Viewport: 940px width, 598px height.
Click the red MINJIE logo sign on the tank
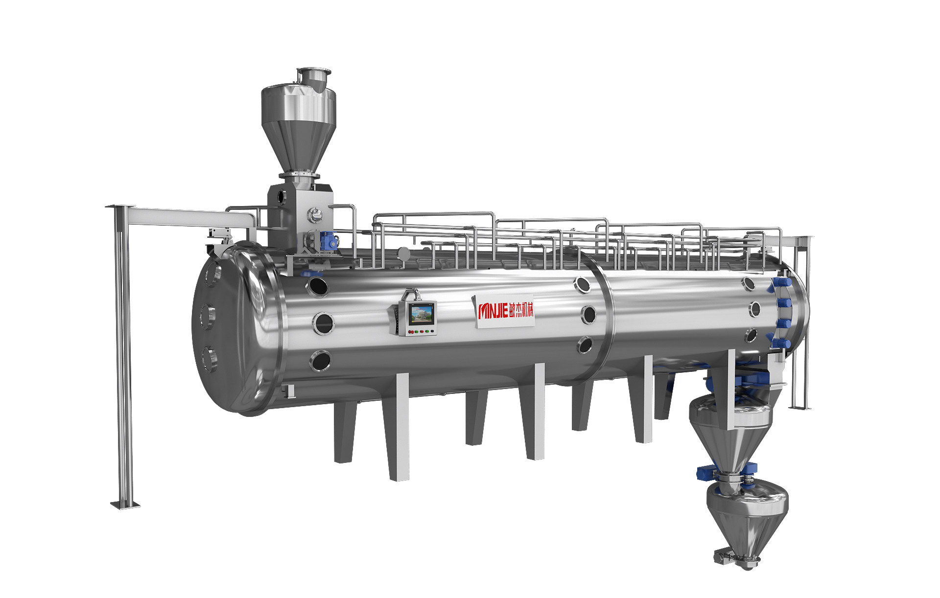505,310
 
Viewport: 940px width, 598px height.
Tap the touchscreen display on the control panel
422,314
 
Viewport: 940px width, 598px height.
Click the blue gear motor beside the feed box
329,240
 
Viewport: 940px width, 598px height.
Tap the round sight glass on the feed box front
314,213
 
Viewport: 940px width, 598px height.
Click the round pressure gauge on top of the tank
404,253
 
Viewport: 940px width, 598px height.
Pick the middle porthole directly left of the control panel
323,323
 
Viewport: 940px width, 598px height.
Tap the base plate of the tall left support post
125,505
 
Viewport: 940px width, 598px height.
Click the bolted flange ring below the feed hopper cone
299,175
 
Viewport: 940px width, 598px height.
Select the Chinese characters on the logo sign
521,310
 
